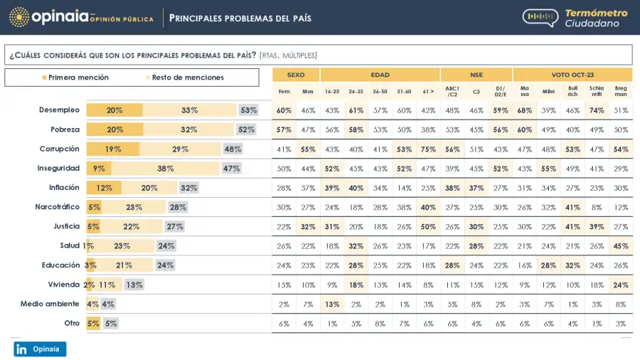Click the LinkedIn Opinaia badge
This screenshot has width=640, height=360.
40,349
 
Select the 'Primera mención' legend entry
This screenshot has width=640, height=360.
75,78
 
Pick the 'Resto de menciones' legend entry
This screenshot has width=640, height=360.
185,78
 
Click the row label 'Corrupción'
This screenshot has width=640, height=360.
60,149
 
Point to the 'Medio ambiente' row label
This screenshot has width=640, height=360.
50,303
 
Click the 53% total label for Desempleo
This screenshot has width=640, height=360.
248,110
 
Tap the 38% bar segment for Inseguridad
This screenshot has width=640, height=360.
166,169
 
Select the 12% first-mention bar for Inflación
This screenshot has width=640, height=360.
104,188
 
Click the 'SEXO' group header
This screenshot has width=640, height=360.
296,75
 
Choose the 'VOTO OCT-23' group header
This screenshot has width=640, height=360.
572,75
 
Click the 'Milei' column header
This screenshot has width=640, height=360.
548,92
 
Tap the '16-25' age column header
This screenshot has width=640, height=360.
332,92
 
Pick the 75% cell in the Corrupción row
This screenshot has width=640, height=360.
427,149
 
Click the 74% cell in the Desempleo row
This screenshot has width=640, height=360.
597,110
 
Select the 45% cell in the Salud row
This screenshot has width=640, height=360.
621,246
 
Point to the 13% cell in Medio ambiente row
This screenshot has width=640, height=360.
332,304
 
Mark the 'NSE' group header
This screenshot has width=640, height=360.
476,75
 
